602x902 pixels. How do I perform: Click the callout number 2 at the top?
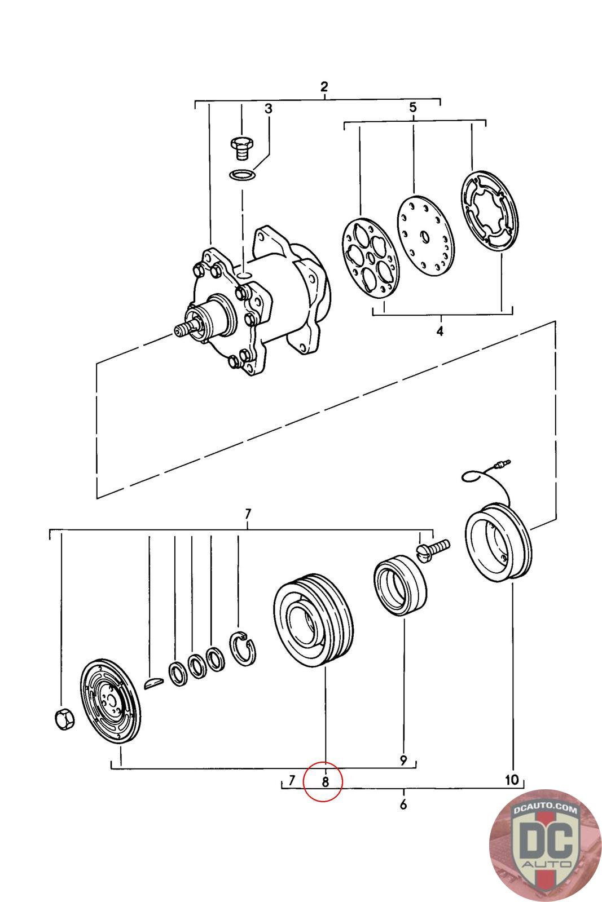point(324,87)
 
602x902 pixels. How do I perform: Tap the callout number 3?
point(269,108)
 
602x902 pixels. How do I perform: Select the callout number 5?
point(413,108)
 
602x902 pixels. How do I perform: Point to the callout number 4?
point(440,331)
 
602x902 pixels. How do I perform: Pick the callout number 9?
point(403,760)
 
